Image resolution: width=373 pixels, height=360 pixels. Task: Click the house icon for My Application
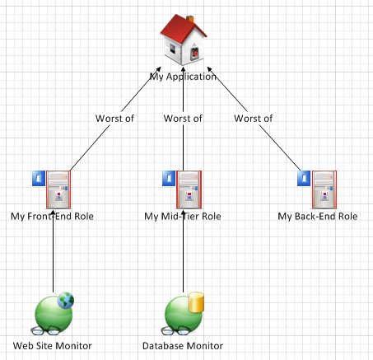point(184,40)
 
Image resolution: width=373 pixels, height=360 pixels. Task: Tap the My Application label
point(183,77)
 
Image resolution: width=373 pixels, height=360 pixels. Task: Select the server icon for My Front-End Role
point(58,189)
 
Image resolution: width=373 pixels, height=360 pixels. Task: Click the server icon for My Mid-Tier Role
point(189,189)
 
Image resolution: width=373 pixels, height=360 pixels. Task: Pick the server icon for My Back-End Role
point(324,189)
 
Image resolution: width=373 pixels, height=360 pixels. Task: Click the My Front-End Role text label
point(52,217)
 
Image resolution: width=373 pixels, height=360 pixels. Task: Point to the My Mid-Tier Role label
point(183,217)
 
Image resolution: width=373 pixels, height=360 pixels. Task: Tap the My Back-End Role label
point(318,217)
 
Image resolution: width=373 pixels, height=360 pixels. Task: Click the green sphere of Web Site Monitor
point(53,315)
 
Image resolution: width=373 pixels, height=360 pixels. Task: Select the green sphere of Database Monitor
point(183,315)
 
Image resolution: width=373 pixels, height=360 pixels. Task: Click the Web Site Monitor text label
point(52,346)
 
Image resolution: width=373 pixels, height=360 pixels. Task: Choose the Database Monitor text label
point(183,346)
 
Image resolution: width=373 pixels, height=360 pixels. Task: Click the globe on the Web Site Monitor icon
point(66,301)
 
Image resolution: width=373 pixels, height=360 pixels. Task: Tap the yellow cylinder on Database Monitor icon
point(196,302)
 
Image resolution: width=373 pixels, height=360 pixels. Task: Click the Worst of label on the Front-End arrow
point(114,119)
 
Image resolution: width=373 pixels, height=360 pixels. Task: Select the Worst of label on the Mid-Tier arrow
point(183,119)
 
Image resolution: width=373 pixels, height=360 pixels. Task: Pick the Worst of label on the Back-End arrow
point(253,119)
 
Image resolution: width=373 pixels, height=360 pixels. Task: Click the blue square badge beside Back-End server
point(304,179)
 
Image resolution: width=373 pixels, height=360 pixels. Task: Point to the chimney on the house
point(190,19)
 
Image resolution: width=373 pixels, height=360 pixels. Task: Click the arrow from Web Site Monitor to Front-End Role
point(54,251)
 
